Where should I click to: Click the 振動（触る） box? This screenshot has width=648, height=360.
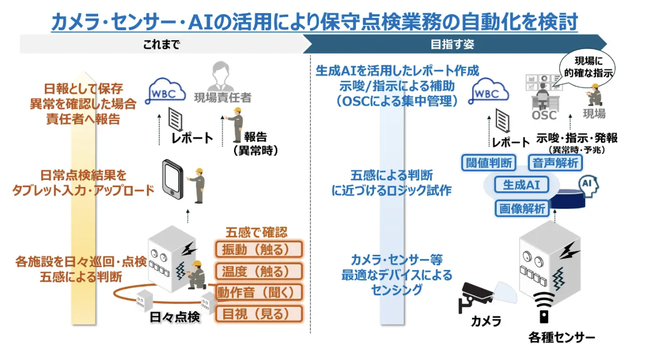(x=258, y=249)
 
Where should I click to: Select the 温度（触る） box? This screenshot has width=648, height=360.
(x=258, y=271)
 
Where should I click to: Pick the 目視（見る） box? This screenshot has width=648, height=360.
(x=258, y=313)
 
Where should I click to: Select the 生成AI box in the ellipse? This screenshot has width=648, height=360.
(x=521, y=184)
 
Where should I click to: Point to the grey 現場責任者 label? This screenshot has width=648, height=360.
(x=223, y=97)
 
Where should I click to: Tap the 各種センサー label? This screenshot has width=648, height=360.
(x=561, y=337)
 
